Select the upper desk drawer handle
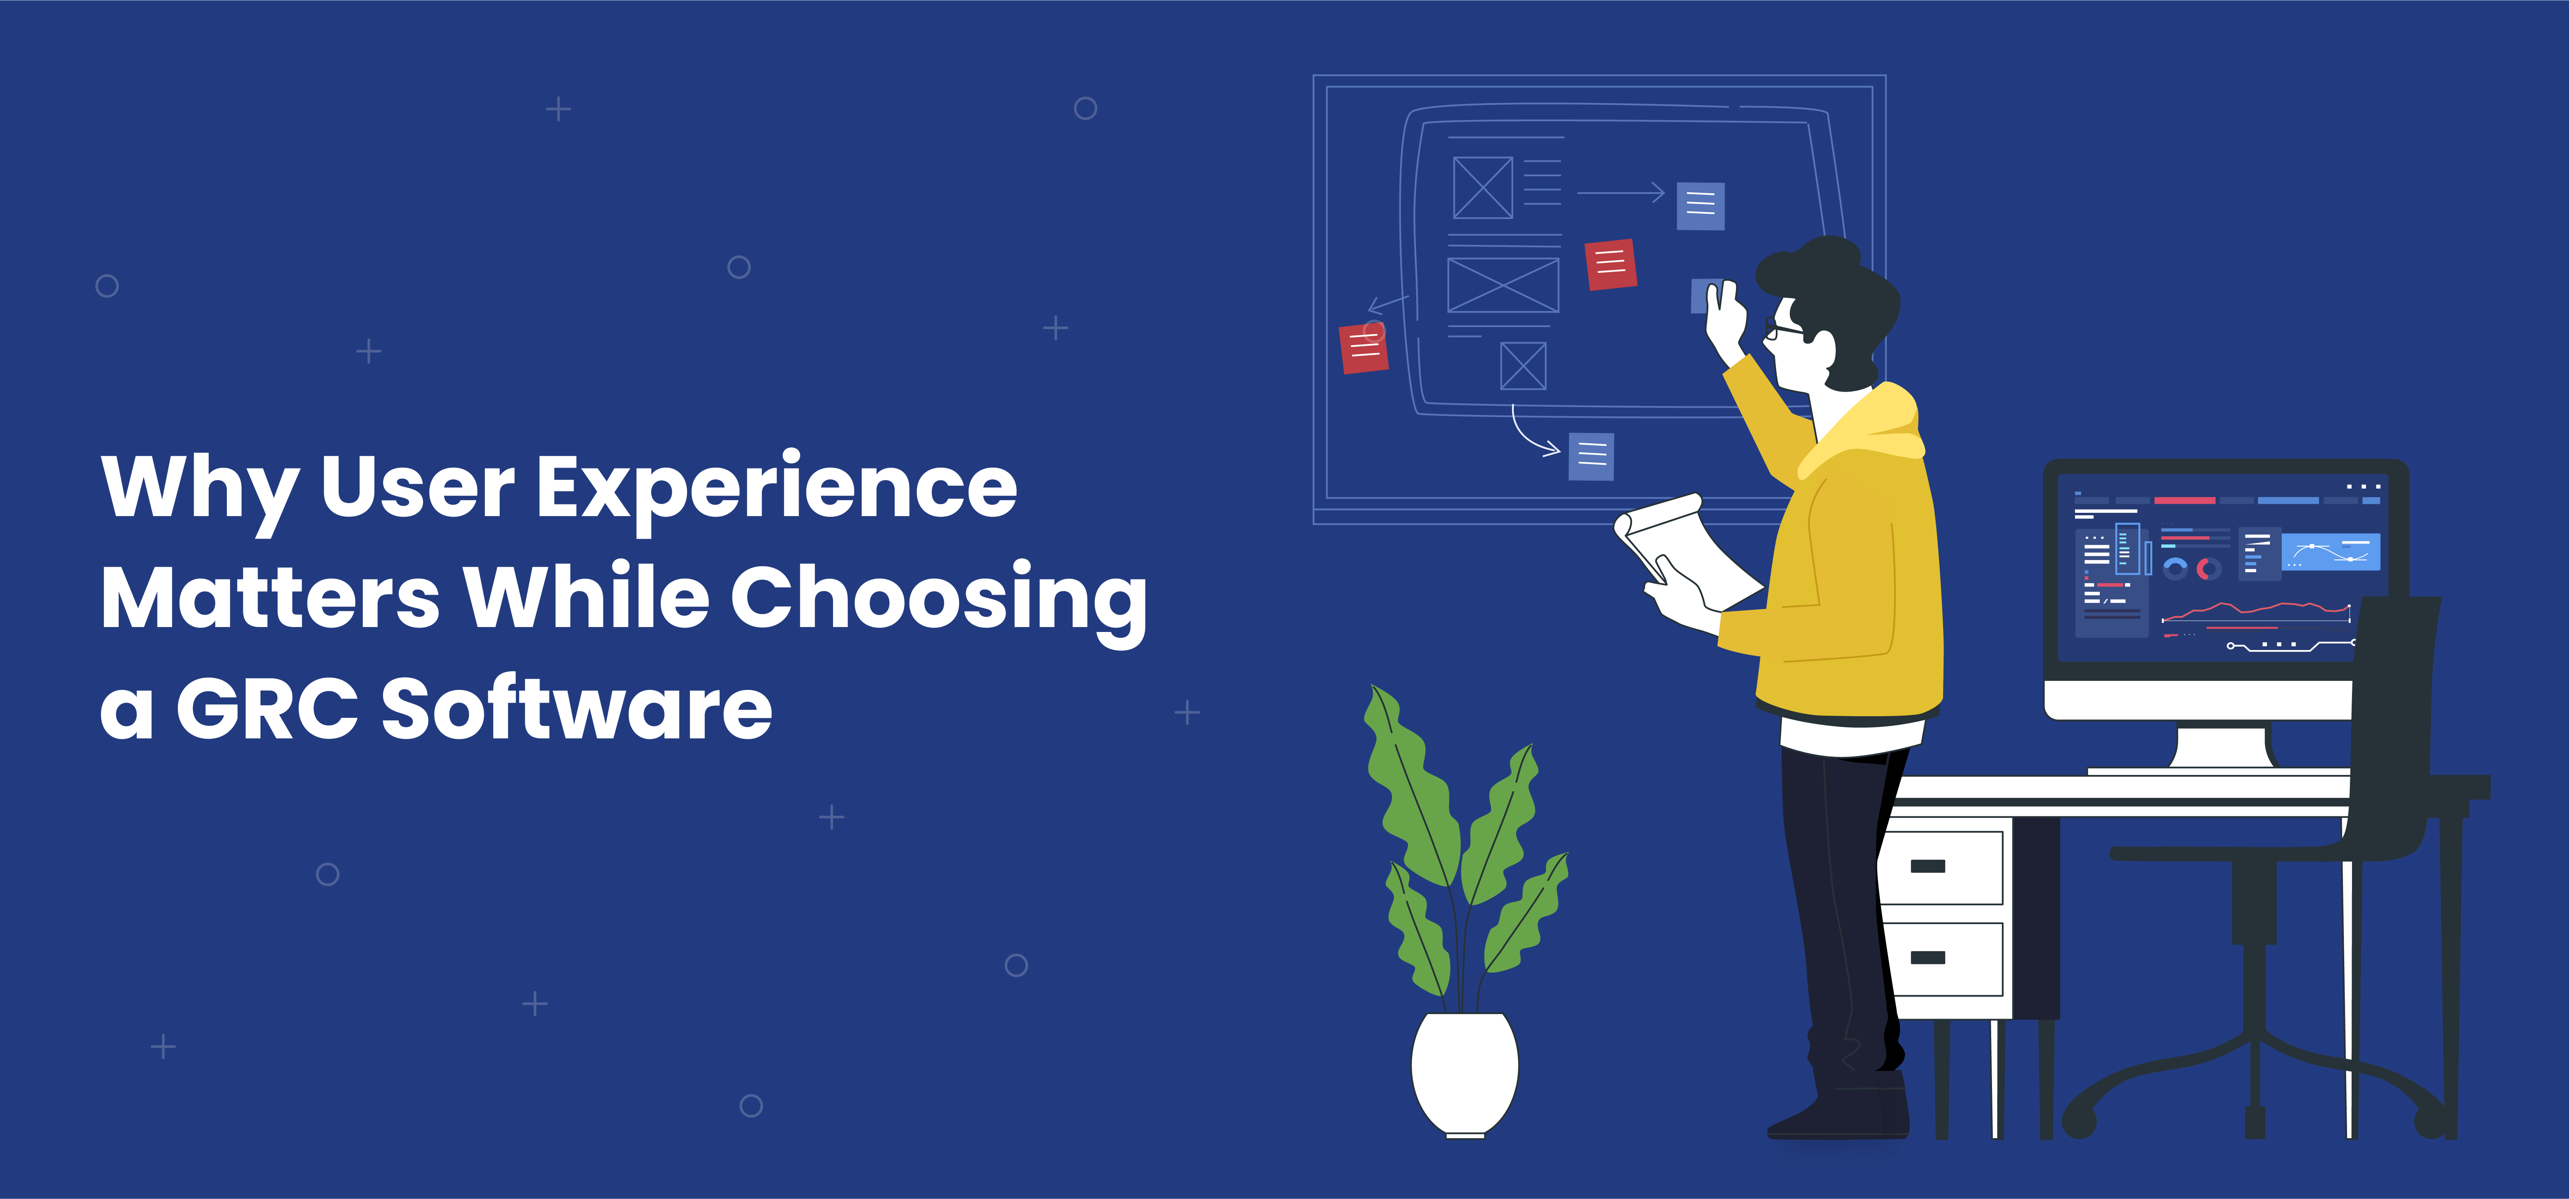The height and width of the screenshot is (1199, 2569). pyautogui.click(x=1928, y=866)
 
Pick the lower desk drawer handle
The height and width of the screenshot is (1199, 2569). pyautogui.click(x=1928, y=958)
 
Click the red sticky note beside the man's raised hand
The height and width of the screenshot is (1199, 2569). pyautogui.click(x=1611, y=264)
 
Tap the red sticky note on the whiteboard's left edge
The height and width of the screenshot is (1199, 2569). pyautogui.click(x=1364, y=347)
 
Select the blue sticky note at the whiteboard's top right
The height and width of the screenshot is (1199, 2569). pyautogui.click(x=1700, y=205)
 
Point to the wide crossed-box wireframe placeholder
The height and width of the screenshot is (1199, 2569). pyautogui.click(x=1503, y=285)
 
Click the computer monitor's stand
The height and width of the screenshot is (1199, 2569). pyautogui.click(x=2220, y=748)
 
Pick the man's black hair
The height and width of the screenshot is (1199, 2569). pyautogui.click(x=1833, y=299)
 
